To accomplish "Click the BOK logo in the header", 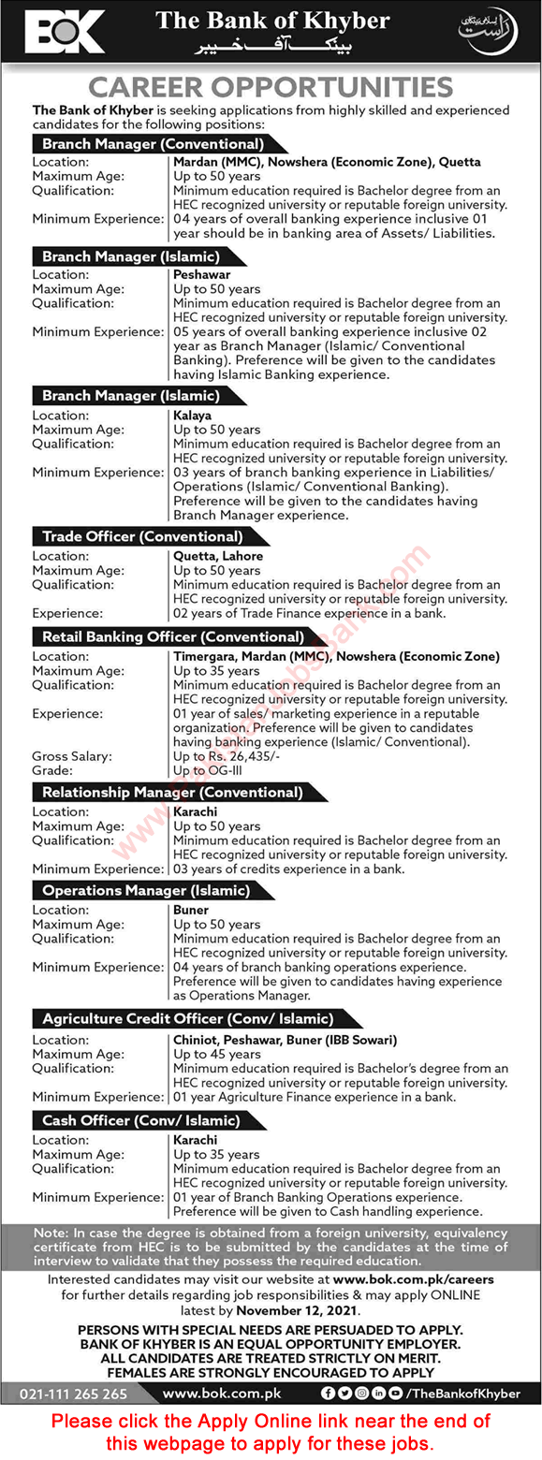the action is (x=65, y=33).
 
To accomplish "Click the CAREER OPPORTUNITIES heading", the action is (x=271, y=87).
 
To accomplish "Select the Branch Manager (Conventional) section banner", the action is (x=151, y=144).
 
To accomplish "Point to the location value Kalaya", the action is (x=193, y=415).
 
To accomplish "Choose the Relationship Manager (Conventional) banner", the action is (x=172, y=793).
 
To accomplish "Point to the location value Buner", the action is (x=191, y=910).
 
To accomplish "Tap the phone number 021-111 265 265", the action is (x=74, y=1394).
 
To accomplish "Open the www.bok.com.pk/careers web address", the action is (x=413, y=1279).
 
